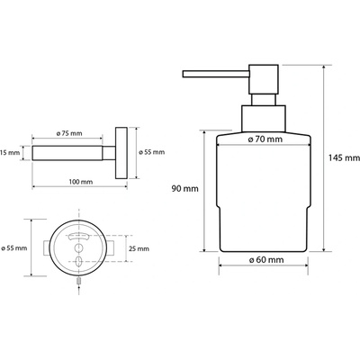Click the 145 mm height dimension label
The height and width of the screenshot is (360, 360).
(344, 157)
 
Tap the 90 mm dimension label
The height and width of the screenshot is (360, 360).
(184, 189)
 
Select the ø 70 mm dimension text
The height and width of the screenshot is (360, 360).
(265, 139)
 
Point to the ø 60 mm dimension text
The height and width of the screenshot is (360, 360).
(266, 259)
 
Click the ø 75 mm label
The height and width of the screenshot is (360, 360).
(69, 133)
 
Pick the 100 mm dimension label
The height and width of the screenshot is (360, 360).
(81, 182)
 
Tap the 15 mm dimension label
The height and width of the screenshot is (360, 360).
(10, 153)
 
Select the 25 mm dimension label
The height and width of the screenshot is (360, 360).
(139, 248)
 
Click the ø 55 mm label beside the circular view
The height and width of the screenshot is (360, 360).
(14, 248)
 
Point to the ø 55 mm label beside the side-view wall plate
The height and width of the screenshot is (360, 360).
(152, 152)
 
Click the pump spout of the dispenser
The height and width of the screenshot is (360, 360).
(216, 74)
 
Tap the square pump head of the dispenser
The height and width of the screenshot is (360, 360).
(264, 79)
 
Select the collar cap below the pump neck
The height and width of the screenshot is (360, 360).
(264, 119)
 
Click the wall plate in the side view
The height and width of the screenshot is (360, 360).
(121, 153)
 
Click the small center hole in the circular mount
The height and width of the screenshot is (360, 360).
(78, 247)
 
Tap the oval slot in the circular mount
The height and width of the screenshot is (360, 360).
(78, 261)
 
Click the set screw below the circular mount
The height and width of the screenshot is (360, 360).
(78, 281)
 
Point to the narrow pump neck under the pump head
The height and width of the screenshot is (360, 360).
(264, 99)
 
